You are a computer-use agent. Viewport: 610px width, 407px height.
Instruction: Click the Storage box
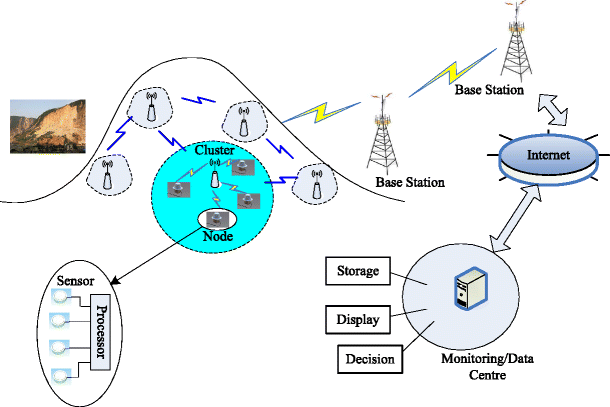tap(355, 272)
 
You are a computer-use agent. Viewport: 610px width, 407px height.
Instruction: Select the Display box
tap(355, 318)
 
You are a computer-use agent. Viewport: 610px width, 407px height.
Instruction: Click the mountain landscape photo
tap(42, 126)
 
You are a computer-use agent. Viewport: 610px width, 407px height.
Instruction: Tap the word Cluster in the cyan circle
tap(216, 149)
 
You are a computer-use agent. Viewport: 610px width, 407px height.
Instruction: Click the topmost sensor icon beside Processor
tap(57, 298)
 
